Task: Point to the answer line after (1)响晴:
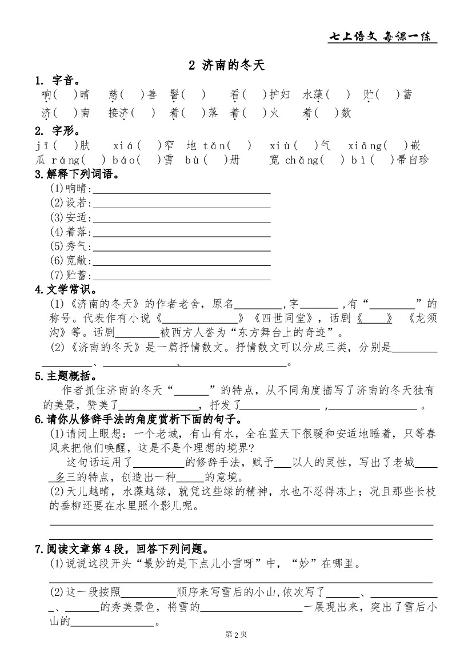tap(181, 189)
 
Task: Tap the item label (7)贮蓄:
tap(71, 276)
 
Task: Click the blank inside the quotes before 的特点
tap(191, 391)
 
